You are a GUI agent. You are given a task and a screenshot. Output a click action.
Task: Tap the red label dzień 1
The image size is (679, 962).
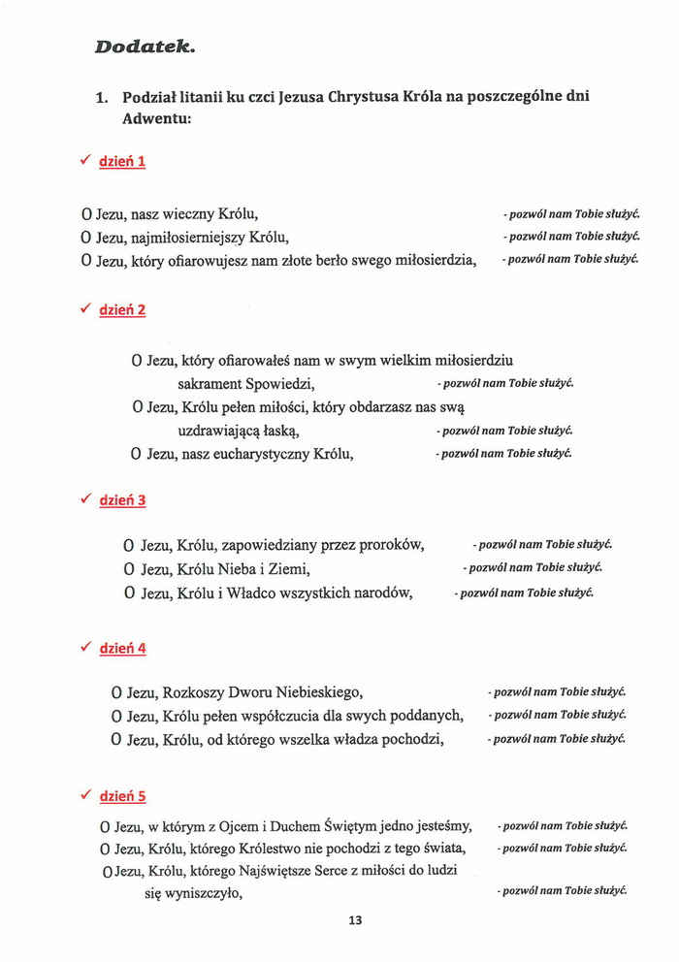tap(122, 161)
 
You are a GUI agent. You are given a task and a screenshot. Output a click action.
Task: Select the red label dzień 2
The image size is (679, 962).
tap(122, 310)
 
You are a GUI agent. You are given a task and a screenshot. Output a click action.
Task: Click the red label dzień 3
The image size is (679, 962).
tap(122, 500)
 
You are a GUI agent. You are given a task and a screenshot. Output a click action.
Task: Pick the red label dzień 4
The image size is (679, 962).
tap(122, 648)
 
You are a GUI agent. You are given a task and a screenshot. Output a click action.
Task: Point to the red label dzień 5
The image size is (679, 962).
tap(122, 796)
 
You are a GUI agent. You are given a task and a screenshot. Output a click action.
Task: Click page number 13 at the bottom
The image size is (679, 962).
tap(355, 920)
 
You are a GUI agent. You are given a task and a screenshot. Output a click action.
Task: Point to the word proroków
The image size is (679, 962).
tap(392, 545)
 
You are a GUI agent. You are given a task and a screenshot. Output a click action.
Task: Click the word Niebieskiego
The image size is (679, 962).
tap(307, 692)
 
